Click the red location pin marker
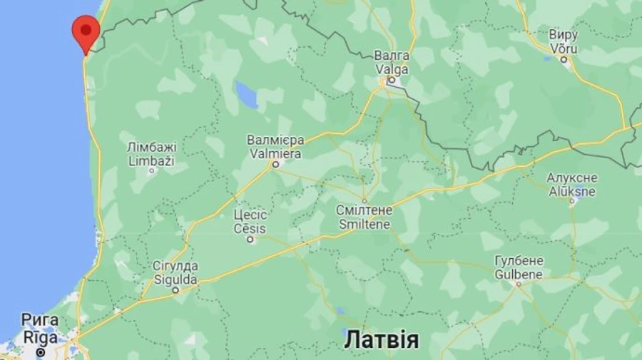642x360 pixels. (85, 31)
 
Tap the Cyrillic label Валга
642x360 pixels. (392, 56)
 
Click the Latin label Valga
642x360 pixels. (392, 69)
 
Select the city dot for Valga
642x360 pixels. (391, 81)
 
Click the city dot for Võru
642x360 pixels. (564, 61)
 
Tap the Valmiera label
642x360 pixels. (275, 153)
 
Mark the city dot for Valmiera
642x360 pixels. (275, 165)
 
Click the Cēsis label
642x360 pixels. (250, 228)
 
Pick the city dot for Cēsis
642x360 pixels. (250, 240)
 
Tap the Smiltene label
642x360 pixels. (364, 223)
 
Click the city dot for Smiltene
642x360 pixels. (364, 200)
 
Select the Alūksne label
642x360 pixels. (572, 190)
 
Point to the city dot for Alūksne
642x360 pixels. (572, 202)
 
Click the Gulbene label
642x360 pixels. (519, 274)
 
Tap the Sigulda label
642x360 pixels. (175, 279)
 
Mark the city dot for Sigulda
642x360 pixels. (175, 290)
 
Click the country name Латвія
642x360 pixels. (381, 339)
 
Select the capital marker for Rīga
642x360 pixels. (41, 351)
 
